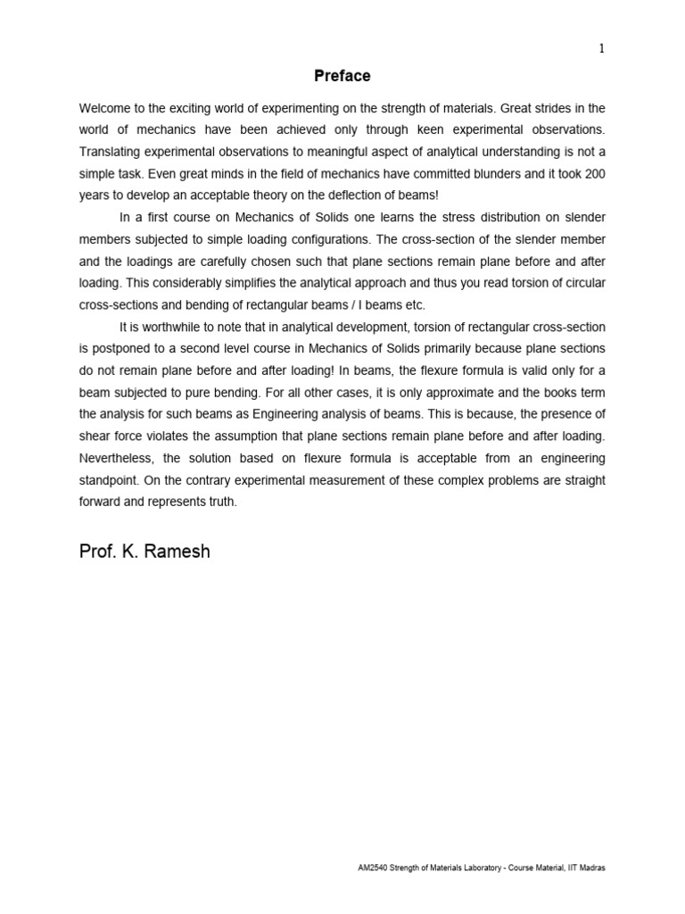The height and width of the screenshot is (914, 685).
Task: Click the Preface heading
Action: pos(342,77)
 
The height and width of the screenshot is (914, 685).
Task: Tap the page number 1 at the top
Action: pos(602,49)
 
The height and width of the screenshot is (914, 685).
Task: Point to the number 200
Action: pos(593,172)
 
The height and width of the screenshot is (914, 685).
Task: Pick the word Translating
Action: pos(112,151)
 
